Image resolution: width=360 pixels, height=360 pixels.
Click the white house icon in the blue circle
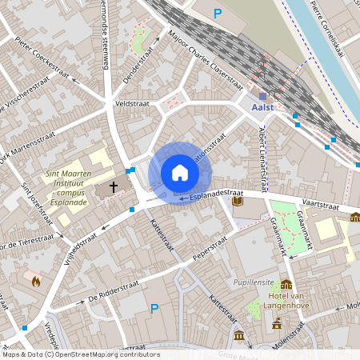point(179,173)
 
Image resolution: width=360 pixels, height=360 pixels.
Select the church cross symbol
point(114,187)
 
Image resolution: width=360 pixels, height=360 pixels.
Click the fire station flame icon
point(35,280)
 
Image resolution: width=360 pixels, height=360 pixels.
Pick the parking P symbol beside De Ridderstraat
point(154,308)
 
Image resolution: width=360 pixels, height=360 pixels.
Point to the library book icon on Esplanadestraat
point(238,202)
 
